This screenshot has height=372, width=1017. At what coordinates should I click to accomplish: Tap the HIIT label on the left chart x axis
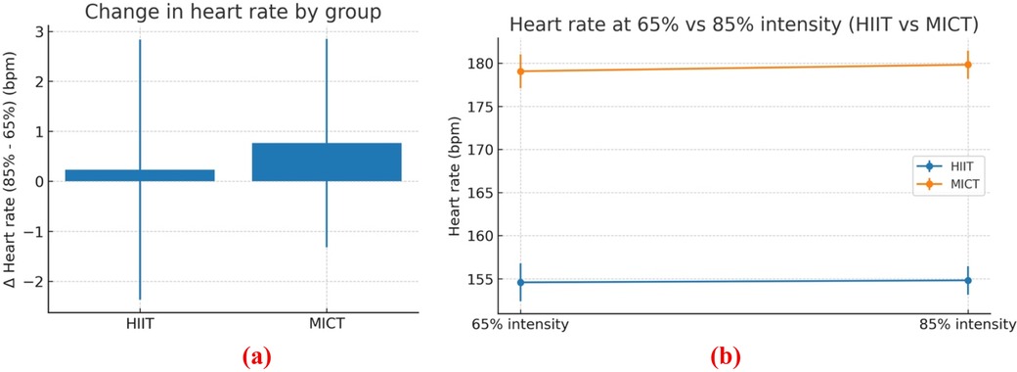140,324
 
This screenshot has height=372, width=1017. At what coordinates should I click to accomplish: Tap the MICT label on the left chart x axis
327,324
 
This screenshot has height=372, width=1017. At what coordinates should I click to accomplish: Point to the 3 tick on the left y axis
35,31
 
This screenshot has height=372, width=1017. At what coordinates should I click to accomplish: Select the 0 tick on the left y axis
35,181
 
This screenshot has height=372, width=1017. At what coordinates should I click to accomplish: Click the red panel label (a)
234,355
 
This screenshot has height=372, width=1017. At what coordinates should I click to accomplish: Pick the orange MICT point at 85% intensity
967,65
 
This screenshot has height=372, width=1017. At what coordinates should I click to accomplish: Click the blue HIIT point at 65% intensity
520,282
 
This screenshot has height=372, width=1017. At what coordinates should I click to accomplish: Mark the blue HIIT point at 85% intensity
967,280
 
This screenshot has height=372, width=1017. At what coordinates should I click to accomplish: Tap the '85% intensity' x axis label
967,324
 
